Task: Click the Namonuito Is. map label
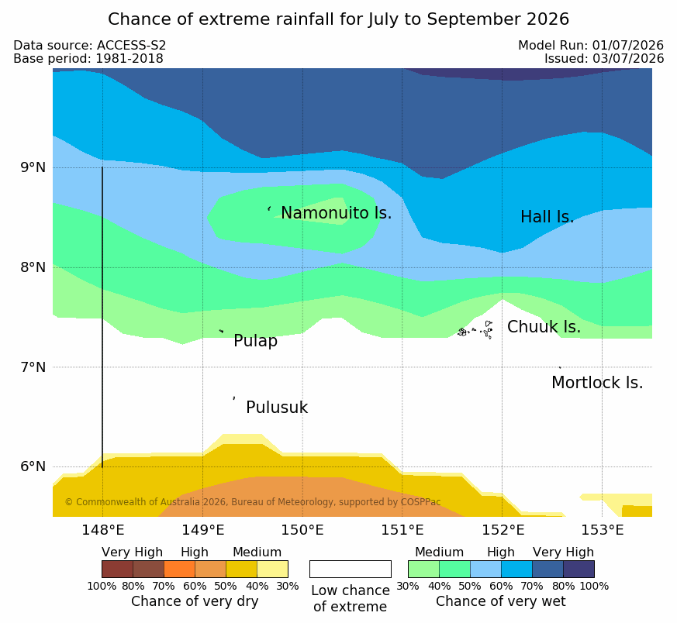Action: (x=337, y=213)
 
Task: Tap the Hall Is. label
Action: (x=547, y=217)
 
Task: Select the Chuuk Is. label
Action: (x=544, y=327)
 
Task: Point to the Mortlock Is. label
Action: (x=597, y=383)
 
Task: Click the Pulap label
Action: (x=255, y=341)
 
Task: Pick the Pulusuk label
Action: (x=277, y=408)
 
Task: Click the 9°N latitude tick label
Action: (x=33, y=167)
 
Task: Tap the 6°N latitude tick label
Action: (x=33, y=466)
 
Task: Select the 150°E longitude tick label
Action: (x=302, y=530)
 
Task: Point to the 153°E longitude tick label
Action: (x=602, y=530)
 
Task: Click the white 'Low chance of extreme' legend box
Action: (x=351, y=569)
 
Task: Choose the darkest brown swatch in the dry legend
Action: (x=117, y=569)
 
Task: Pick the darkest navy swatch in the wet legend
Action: (x=579, y=569)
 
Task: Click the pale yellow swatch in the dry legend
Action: (x=272, y=569)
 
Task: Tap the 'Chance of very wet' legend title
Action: (x=500, y=601)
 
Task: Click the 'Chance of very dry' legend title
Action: (x=195, y=601)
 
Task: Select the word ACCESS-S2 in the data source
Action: (x=131, y=46)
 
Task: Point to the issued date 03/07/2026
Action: (x=628, y=59)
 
